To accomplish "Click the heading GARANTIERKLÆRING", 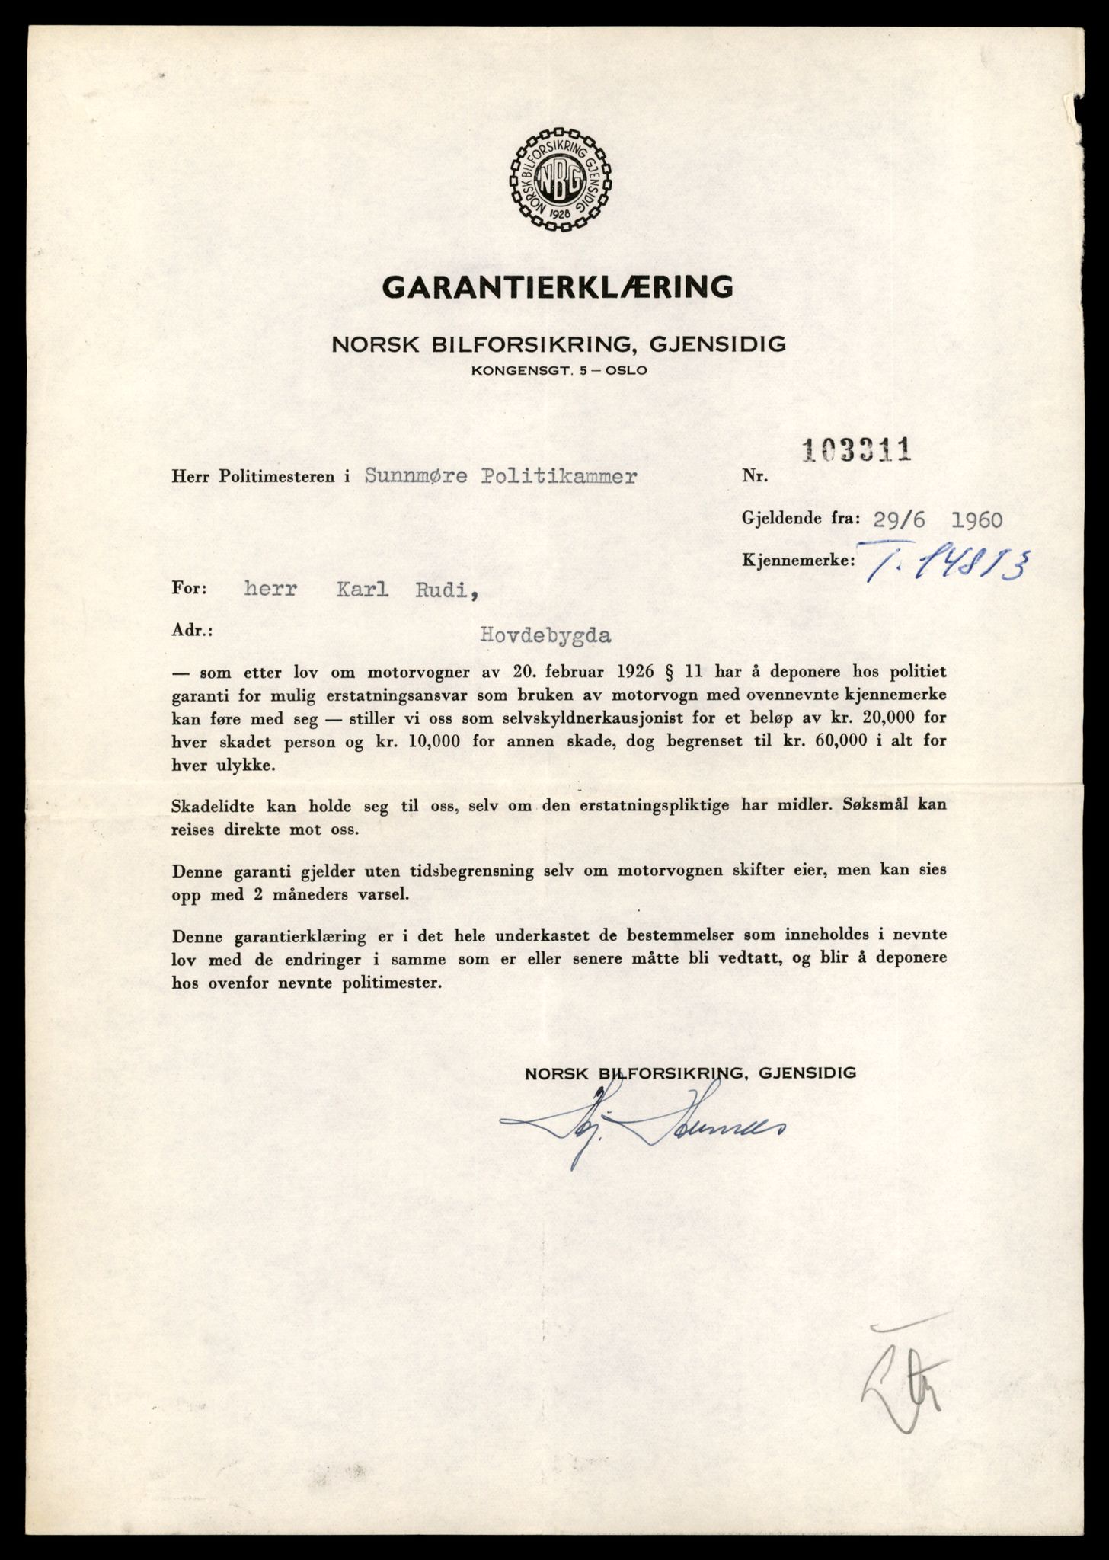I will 558,287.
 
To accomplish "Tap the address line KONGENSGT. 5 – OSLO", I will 558,371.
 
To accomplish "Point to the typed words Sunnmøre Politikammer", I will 500,476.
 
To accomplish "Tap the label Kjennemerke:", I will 797,561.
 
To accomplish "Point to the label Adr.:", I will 193,632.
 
